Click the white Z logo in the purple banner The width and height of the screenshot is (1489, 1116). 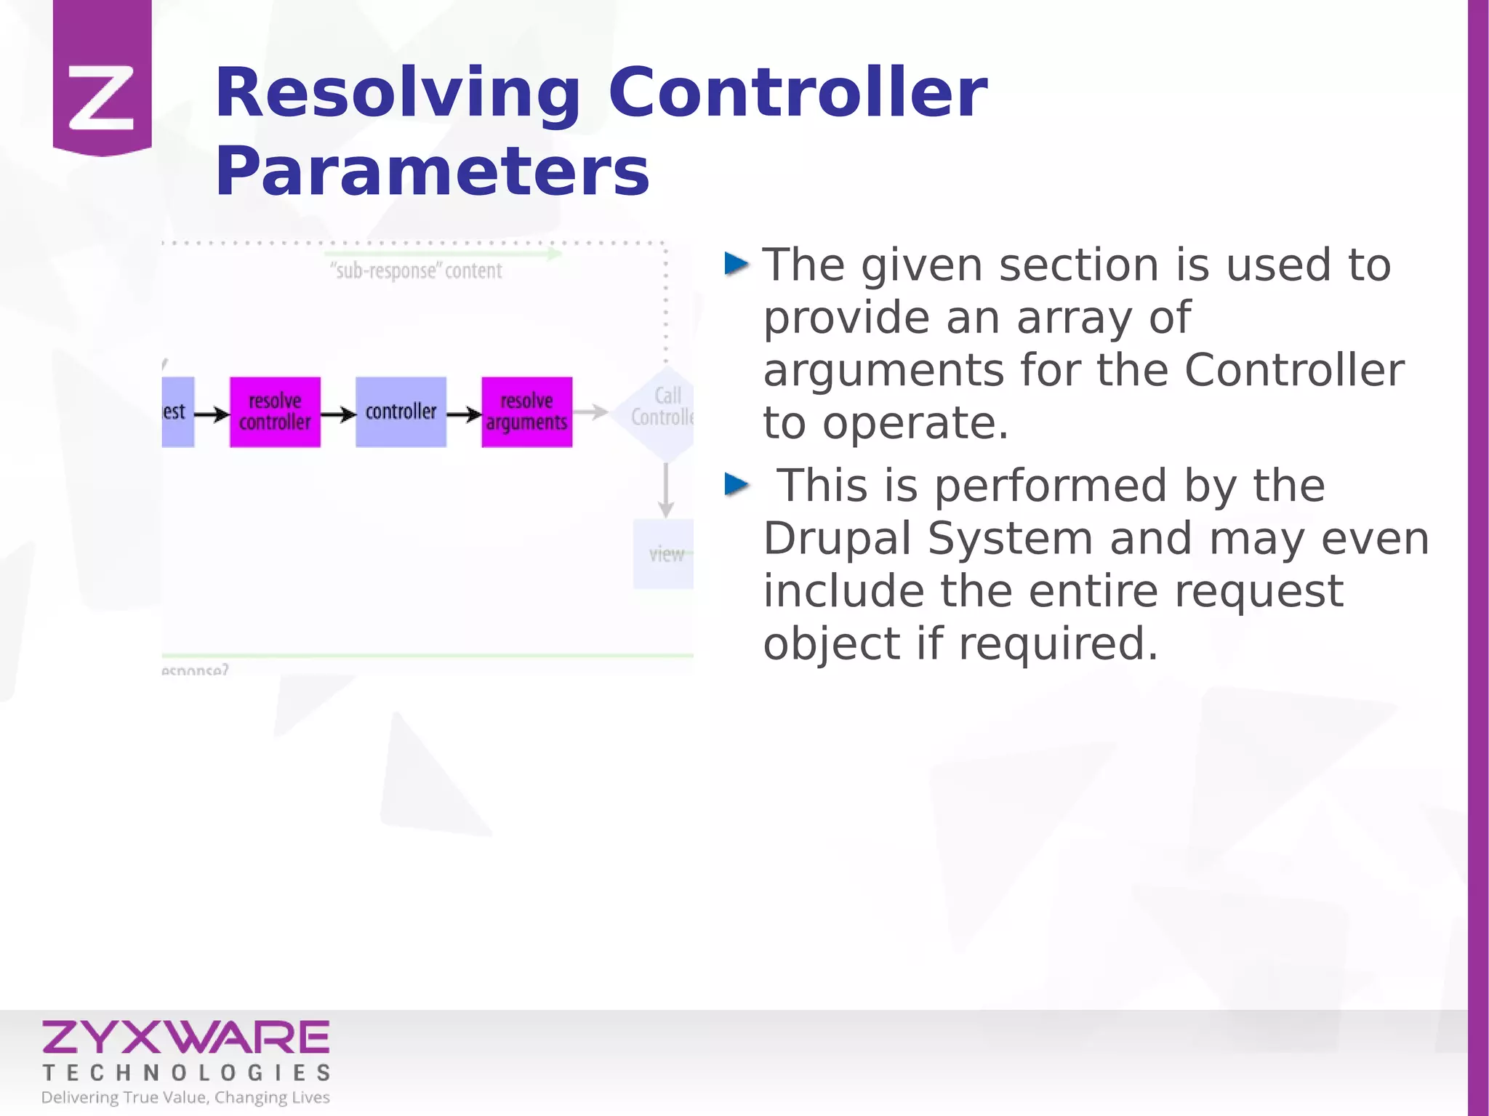(x=101, y=98)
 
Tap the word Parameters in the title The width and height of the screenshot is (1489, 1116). (x=432, y=172)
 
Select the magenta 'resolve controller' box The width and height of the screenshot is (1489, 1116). (x=275, y=412)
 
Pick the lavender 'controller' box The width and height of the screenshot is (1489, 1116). (x=401, y=412)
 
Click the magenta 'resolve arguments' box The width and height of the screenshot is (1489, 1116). (x=526, y=412)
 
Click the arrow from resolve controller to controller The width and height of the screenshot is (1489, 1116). (x=338, y=414)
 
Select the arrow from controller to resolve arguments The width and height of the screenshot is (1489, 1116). (x=464, y=414)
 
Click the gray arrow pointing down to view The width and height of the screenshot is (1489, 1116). (x=666, y=491)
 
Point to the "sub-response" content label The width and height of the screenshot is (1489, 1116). (x=416, y=271)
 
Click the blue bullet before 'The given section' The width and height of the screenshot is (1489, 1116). (x=737, y=264)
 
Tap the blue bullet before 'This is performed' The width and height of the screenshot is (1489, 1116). (x=737, y=483)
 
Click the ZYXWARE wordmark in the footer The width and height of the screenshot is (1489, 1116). (x=186, y=1037)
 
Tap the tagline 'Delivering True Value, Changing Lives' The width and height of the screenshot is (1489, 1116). (x=185, y=1097)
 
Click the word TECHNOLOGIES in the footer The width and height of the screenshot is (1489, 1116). (x=187, y=1072)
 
